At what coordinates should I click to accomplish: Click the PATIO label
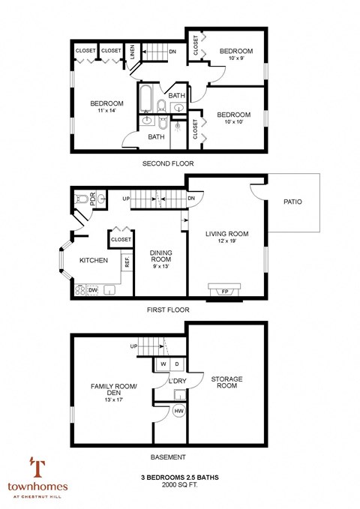[293, 202]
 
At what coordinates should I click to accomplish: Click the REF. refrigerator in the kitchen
[127, 262]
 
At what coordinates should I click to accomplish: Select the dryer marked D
[177, 364]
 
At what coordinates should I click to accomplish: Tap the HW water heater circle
[180, 411]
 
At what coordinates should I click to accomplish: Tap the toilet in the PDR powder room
[82, 199]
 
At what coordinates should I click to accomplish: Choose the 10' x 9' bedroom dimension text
[235, 59]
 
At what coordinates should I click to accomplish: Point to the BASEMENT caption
[168, 457]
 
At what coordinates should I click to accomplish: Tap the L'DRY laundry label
[177, 382]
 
